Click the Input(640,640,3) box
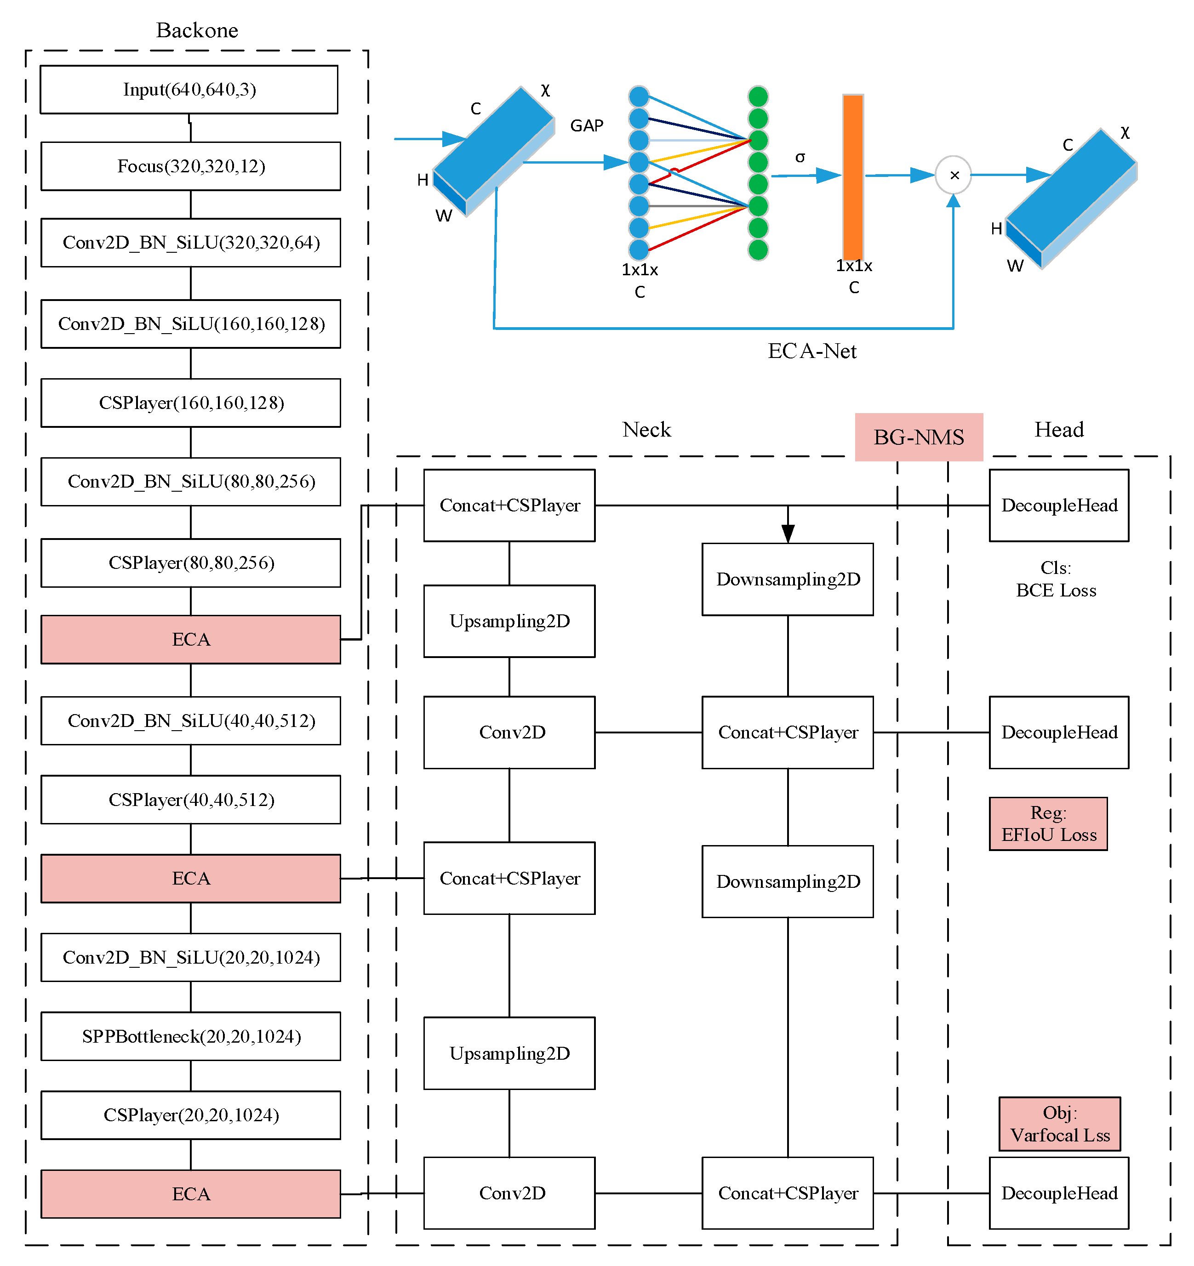pyautogui.click(x=189, y=89)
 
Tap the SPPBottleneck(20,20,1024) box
pyautogui.click(x=190, y=1036)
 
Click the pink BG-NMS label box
pyautogui.click(x=918, y=437)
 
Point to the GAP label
pyautogui.click(x=586, y=125)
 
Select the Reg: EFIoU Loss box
pyautogui.click(x=1048, y=823)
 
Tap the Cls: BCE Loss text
pyautogui.click(x=1056, y=579)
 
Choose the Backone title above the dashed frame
pyautogui.click(x=197, y=30)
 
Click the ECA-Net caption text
pyautogui.click(x=812, y=351)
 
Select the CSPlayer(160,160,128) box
pyautogui.click(x=190, y=403)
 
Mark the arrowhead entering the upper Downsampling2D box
pyautogui.click(x=788, y=534)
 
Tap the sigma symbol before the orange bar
pyautogui.click(x=800, y=157)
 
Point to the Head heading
pyautogui.click(x=1058, y=429)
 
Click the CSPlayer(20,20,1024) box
pyautogui.click(x=190, y=1115)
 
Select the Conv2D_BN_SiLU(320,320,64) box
pyautogui.click(x=190, y=242)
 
